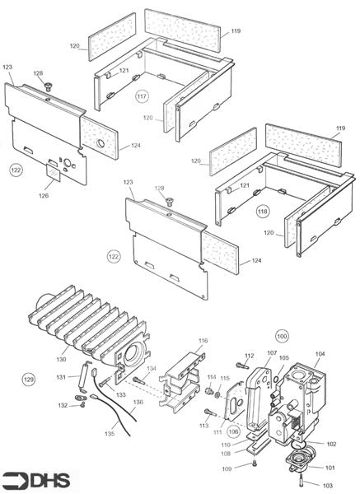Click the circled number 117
click(142, 96)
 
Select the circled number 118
click(263, 210)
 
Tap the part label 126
click(44, 196)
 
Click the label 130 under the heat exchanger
click(61, 359)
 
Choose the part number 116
click(203, 340)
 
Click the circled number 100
click(282, 337)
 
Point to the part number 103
click(328, 486)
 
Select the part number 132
click(64, 405)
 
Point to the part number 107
click(272, 352)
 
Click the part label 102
click(332, 444)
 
